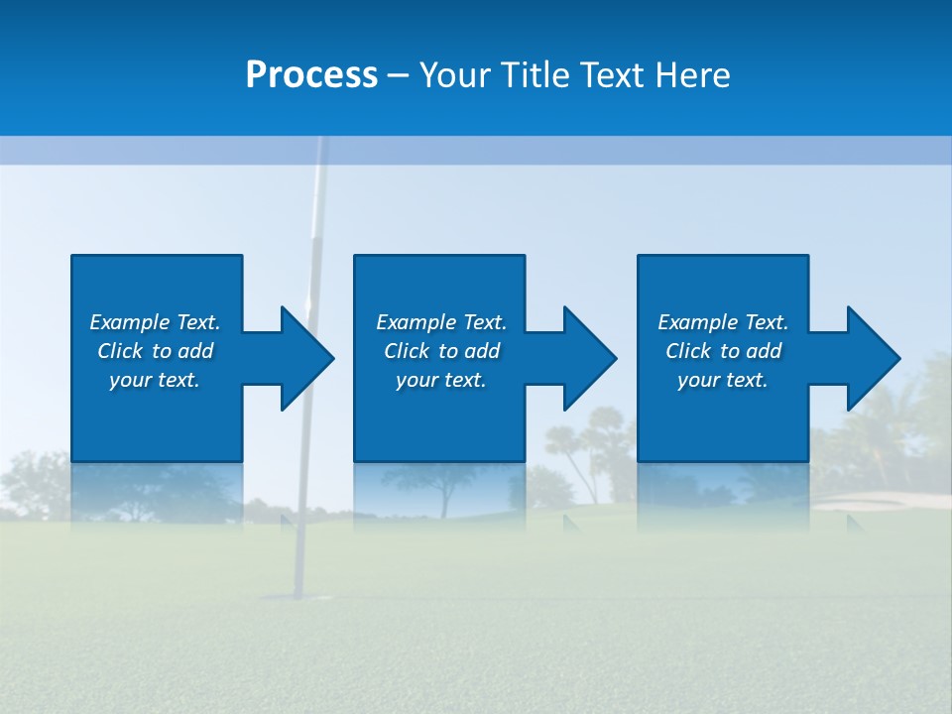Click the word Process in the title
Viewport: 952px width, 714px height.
tap(311, 75)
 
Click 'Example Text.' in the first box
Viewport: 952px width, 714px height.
tap(155, 322)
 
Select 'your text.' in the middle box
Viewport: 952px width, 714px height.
tap(440, 380)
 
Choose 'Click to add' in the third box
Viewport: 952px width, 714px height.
tap(723, 351)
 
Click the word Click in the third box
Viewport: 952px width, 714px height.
tap(688, 351)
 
